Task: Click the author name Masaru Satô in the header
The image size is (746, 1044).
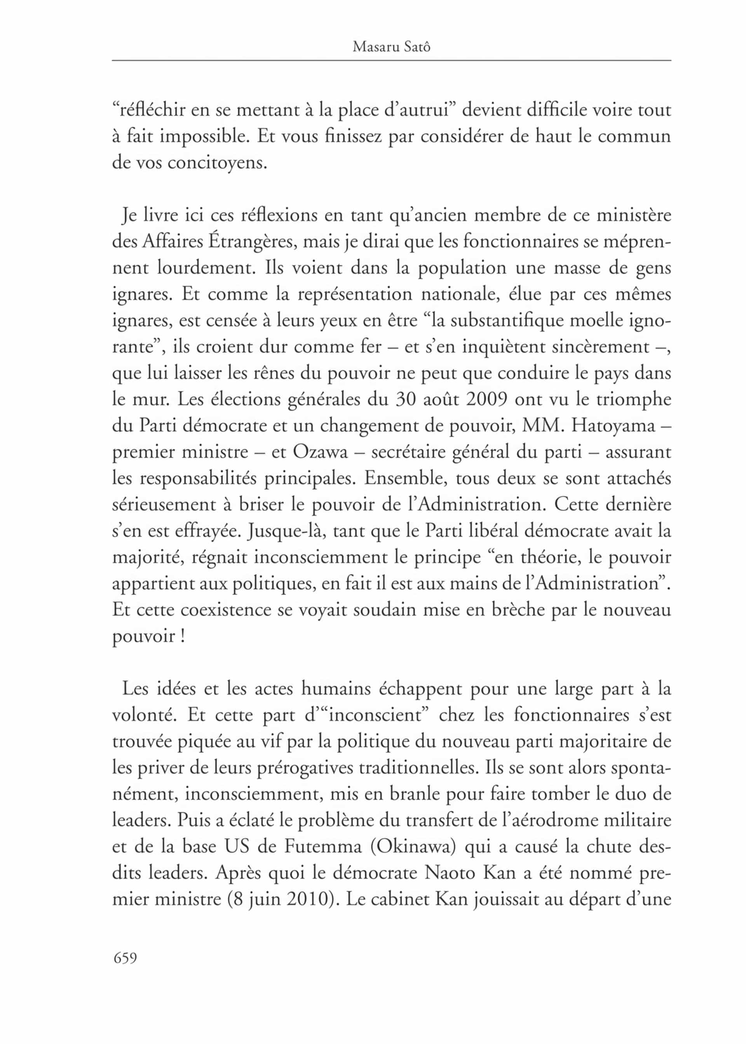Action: (x=391, y=47)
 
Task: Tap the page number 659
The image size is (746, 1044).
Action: (x=125, y=958)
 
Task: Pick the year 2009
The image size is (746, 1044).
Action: (x=486, y=399)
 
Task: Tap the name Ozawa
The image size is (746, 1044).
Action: (x=320, y=452)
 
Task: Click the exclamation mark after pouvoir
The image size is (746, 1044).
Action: (x=183, y=636)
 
